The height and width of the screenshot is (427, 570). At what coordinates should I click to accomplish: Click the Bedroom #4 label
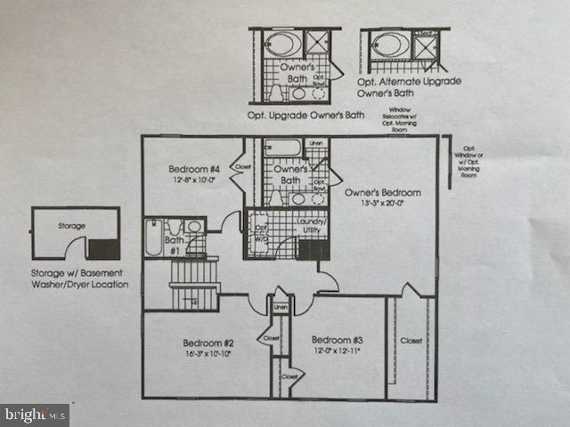(x=194, y=169)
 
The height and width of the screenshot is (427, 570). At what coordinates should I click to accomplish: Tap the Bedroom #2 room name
(x=208, y=343)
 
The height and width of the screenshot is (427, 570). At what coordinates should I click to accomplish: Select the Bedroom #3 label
(x=337, y=340)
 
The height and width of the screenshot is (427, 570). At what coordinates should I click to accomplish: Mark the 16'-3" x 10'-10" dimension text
(x=208, y=354)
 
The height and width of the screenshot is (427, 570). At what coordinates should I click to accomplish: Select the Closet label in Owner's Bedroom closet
(x=411, y=340)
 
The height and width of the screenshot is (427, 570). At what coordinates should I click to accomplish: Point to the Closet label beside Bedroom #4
(x=242, y=166)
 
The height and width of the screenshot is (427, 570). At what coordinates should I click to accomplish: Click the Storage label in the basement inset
(x=71, y=227)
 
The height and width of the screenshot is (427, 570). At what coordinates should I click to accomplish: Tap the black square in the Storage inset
(x=105, y=249)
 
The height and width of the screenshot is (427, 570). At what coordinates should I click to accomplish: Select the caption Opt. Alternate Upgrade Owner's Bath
(x=410, y=86)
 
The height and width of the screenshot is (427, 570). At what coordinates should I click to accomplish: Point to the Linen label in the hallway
(x=281, y=308)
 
